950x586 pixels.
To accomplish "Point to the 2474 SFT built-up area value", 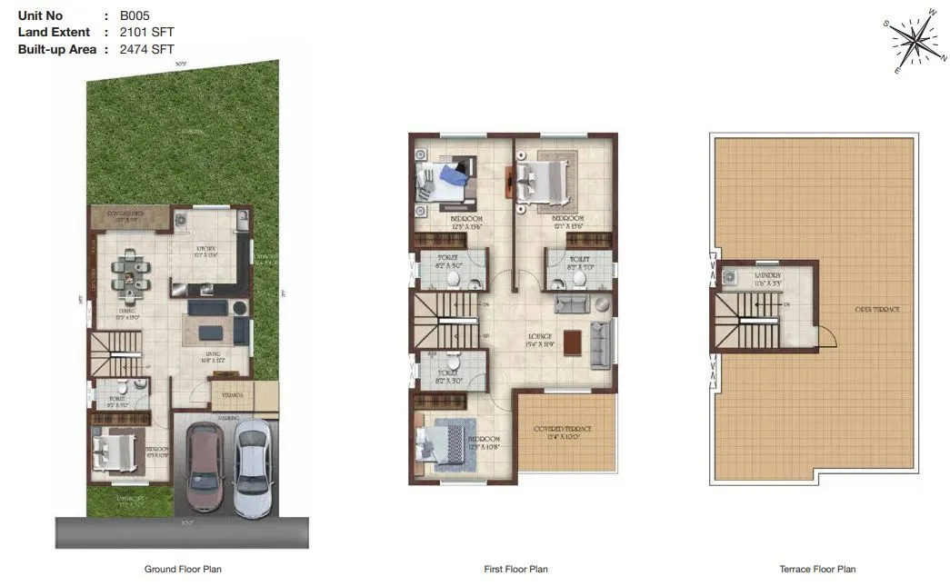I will [x=147, y=49].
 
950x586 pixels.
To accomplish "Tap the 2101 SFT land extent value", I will [x=147, y=33].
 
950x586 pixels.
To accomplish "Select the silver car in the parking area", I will [x=251, y=467].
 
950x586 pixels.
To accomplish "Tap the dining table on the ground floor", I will [x=130, y=273].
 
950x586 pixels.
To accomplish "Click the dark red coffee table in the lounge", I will [x=572, y=342].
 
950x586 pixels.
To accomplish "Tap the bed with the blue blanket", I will [x=447, y=179].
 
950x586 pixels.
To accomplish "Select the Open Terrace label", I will [x=876, y=310].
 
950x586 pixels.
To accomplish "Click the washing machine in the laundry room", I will [x=729, y=277].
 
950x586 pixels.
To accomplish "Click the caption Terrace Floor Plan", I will [x=816, y=570].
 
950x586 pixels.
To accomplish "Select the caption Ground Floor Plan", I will [x=183, y=570].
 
